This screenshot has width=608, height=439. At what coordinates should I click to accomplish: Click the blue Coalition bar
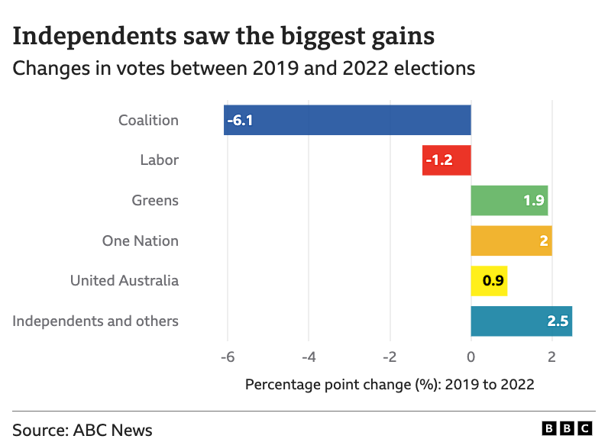(x=348, y=121)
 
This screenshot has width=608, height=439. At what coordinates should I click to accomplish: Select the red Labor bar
(x=447, y=160)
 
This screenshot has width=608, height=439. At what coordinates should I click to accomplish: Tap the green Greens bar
(x=509, y=201)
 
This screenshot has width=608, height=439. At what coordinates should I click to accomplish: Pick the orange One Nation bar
(x=511, y=240)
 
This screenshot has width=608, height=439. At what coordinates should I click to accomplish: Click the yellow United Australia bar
(x=489, y=281)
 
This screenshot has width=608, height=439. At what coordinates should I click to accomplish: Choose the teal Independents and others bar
(x=521, y=321)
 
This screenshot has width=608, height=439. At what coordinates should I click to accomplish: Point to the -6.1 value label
(x=240, y=121)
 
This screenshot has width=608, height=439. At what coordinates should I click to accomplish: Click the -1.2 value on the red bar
(x=439, y=160)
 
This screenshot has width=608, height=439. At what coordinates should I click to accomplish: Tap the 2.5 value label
(x=558, y=321)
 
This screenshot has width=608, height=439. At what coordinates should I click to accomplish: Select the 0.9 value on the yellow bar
(x=493, y=281)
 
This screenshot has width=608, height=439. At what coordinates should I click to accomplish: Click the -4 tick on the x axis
(x=309, y=357)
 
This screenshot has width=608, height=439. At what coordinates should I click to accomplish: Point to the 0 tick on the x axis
(x=471, y=357)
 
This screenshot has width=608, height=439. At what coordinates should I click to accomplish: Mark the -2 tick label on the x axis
(x=390, y=357)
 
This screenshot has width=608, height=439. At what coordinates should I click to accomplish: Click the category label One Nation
(x=141, y=241)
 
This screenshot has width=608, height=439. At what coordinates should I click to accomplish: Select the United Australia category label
(x=125, y=281)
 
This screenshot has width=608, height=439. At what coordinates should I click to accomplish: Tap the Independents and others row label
(x=95, y=321)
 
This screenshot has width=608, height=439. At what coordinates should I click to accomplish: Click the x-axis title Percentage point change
(x=390, y=385)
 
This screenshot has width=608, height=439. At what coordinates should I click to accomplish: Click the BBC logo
(x=567, y=428)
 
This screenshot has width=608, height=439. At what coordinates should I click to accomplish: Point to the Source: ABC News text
(x=82, y=430)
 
